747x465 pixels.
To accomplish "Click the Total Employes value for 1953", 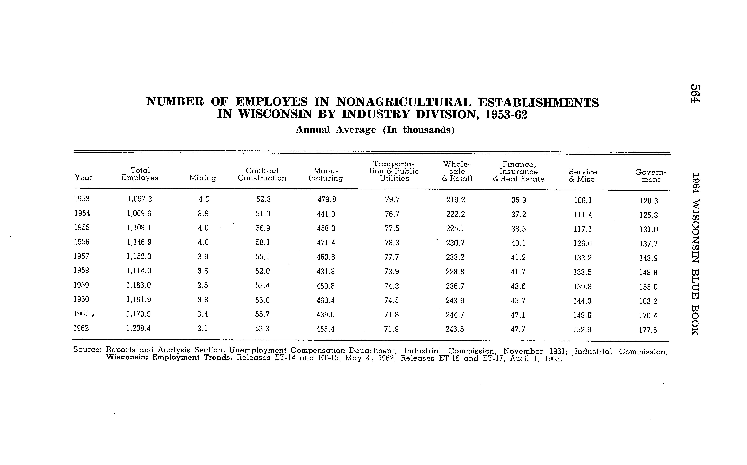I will (140, 199).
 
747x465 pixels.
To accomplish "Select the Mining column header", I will (203, 178).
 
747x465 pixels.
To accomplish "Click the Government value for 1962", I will (648, 330).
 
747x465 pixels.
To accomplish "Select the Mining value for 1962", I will (203, 328).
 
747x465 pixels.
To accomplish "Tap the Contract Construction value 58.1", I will (263, 242).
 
